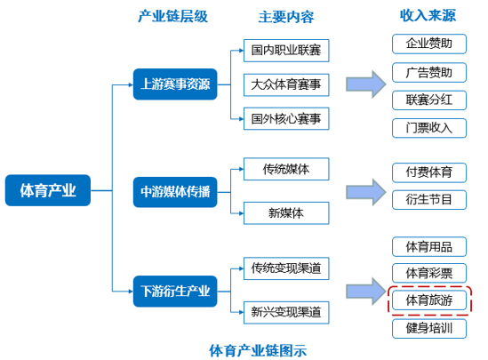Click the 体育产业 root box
(48, 190)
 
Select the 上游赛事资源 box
(175, 84)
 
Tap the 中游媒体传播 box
(175, 192)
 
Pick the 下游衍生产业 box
(175, 292)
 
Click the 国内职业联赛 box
(286, 51)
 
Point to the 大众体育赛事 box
(286, 85)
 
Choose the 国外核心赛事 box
(286, 118)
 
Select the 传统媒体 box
(286, 169)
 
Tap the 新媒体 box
(286, 213)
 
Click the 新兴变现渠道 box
(286, 312)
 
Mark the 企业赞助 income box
(429, 44)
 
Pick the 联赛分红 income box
(429, 100)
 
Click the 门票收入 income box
(429, 128)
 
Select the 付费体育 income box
(429, 172)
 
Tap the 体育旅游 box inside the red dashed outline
(429, 300)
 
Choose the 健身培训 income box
(429, 329)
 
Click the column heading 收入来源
(428, 15)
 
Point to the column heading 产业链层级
(173, 16)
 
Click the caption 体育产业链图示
(258, 350)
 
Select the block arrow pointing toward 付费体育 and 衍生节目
(366, 192)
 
